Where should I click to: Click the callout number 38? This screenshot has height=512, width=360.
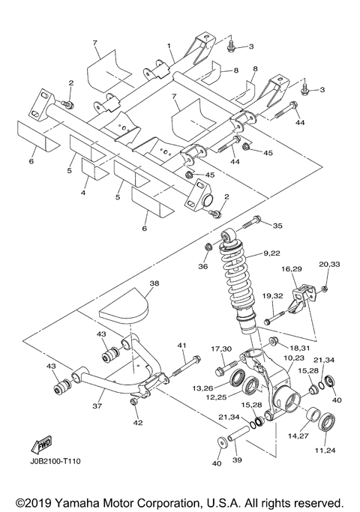click(154, 284)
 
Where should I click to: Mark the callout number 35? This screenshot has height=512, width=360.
click(277, 225)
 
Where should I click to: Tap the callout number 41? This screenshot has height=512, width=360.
click(181, 345)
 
